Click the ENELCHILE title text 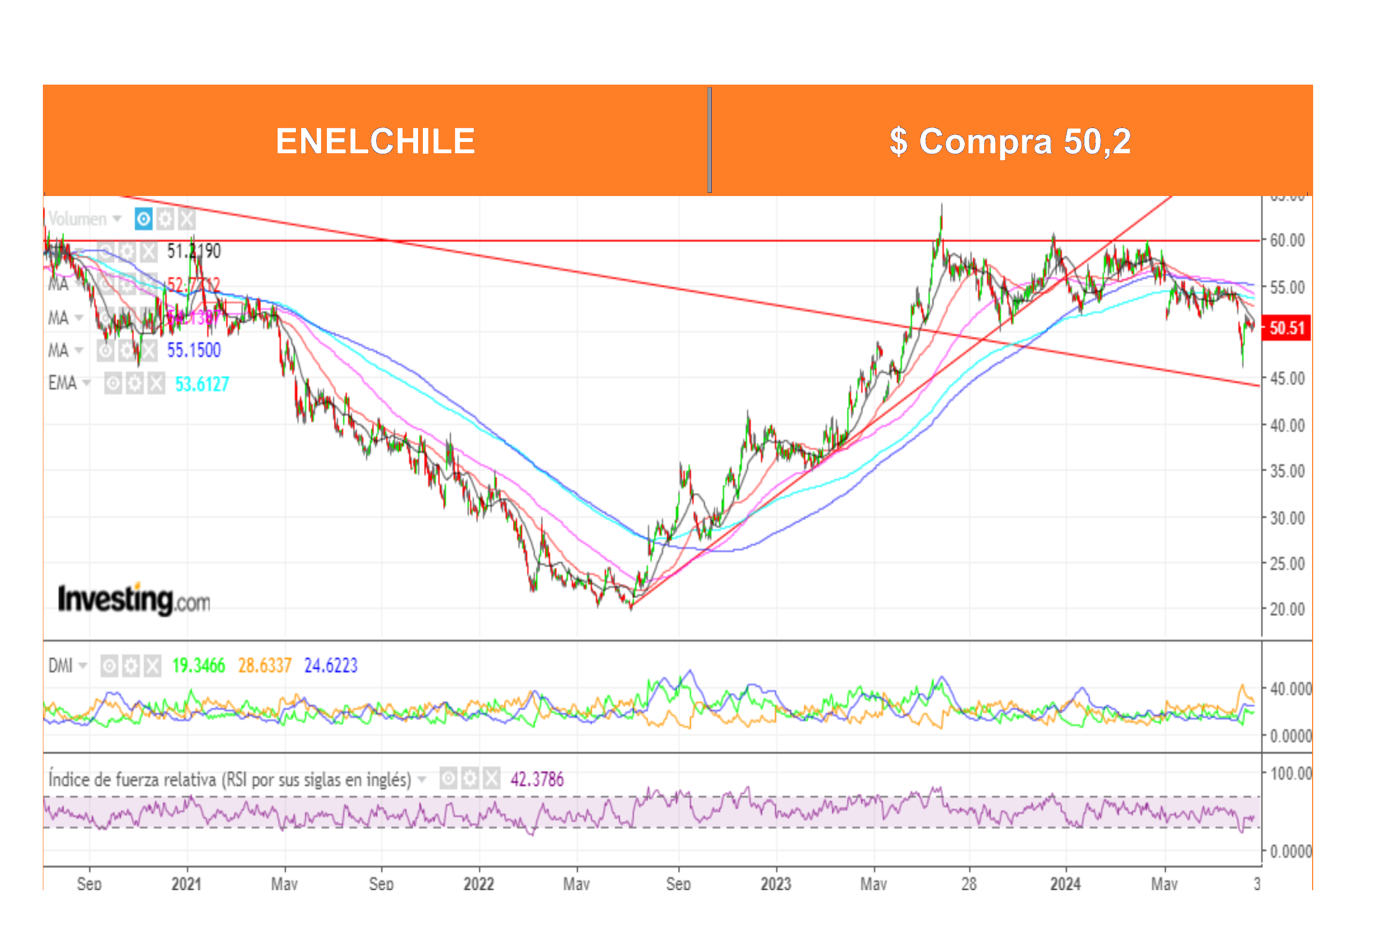click(375, 141)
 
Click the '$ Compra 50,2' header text click(1010, 141)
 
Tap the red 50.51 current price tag click(1286, 328)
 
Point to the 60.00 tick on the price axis click(1287, 240)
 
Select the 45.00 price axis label click(1287, 378)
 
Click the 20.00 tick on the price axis click(1287, 609)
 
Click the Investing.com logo click(134, 599)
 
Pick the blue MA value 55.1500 click(193, 350)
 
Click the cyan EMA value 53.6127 click(202, 385)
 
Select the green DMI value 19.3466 click(198, 666)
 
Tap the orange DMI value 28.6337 click(264, 666)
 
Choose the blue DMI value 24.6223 click(331, 666)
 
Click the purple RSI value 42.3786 click(537, 780)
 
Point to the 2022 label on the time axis click(479, 884)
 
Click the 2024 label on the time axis click(1066, 884)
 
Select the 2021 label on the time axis click(187, 884)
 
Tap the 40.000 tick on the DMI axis click(1290, 689)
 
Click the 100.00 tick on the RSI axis click(1290, 773)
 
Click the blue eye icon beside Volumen click(144, 220)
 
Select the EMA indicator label click(63, 383)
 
